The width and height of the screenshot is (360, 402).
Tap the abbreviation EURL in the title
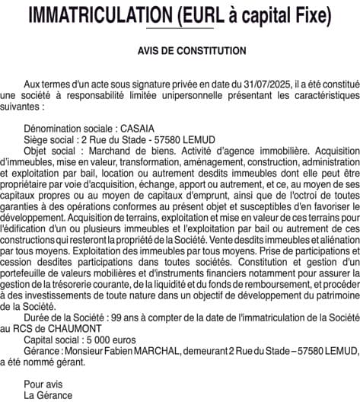216,14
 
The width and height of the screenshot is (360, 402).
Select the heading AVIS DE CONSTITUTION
180,52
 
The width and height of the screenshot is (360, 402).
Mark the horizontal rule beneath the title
180,29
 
